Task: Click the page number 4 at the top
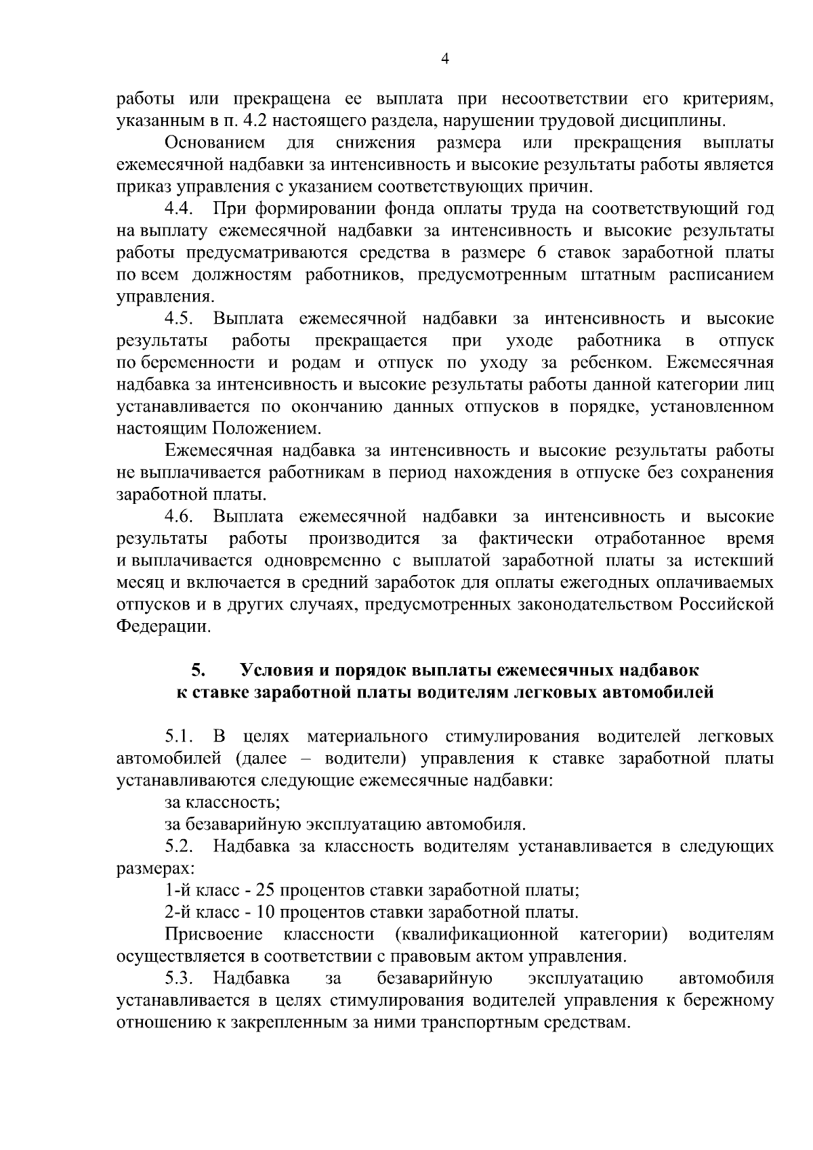(x=444, y=59)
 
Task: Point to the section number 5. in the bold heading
(x=198, y=670)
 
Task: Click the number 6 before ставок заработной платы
(x=539, y=253)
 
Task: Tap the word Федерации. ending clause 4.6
(x=163, y=626)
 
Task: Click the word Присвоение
(x=213, y=935)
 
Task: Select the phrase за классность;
(x=222, y=803)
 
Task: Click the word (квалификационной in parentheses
(x=476, y=935)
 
